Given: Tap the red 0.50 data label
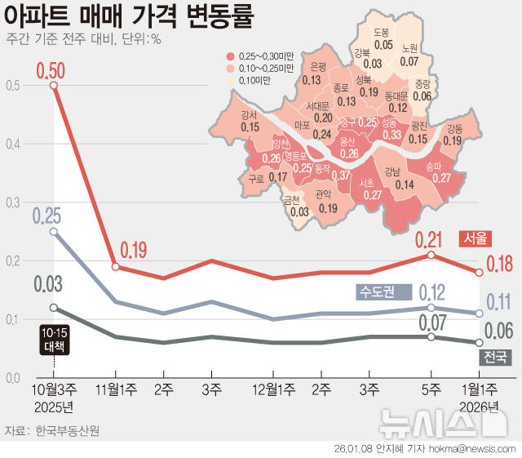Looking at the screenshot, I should coord(51,69).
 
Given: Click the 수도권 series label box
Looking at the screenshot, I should coord(377,291).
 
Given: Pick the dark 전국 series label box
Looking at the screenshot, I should coord(494,357).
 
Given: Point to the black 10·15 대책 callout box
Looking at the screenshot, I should coord(54,339).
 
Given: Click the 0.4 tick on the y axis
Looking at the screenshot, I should coord(12,145).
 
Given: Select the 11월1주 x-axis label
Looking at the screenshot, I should coord(116,390).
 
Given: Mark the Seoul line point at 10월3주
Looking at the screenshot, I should coord(54,86).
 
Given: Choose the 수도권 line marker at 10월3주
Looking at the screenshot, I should coord(54,231).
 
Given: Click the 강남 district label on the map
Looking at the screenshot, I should coord(392,172).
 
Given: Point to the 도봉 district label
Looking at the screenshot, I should coord(382,33).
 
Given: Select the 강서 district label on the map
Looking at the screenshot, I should coord(250,115).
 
